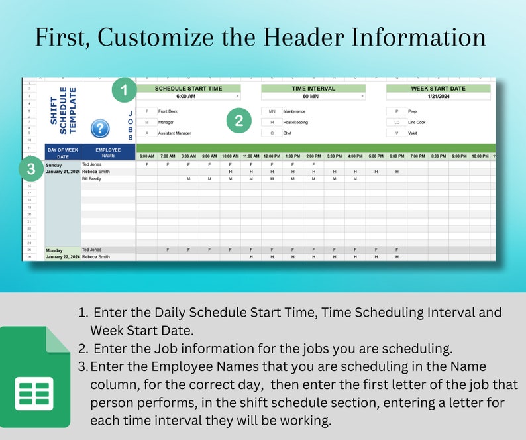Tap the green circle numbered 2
point(239,121)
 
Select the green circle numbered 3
point(30,169)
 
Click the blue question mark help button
point(99,128)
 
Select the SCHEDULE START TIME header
point(188,88)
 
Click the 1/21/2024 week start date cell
point(438,96)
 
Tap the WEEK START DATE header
point(438,88)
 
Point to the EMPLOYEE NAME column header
point(108,153)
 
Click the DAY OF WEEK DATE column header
point(62,153)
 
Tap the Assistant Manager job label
point(174,133)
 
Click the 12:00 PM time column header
point(272,156)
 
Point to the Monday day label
point(55,250)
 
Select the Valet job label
point(413,133)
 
